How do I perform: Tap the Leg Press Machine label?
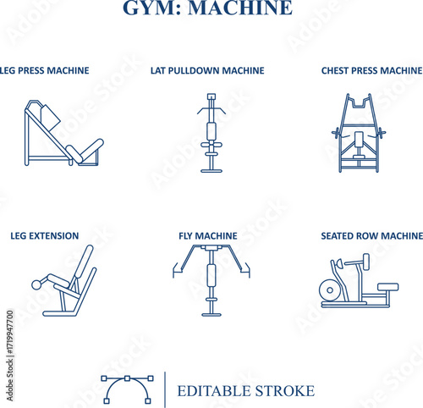(x=44, y=70)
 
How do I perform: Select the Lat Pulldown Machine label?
(x=207, y=70)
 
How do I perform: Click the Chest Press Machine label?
(x=372, y=70)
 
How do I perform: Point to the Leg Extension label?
(x=45, y=236)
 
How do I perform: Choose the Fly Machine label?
(x=208, y=236)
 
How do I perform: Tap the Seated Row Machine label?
(x=372, y=236)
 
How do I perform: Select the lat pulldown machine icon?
(x=211, y=133)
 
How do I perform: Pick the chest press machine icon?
(x=359, y=133)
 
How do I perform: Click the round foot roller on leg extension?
(x=36, y=284)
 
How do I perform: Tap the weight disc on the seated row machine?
(x=330, y=289)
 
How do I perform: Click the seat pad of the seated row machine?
(x=388, y=287)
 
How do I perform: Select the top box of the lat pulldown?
(x=211, y=96)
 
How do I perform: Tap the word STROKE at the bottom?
(x=285, y=391)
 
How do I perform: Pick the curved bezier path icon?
(x=127, y=389)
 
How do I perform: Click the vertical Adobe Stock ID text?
(x=10, y=356)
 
